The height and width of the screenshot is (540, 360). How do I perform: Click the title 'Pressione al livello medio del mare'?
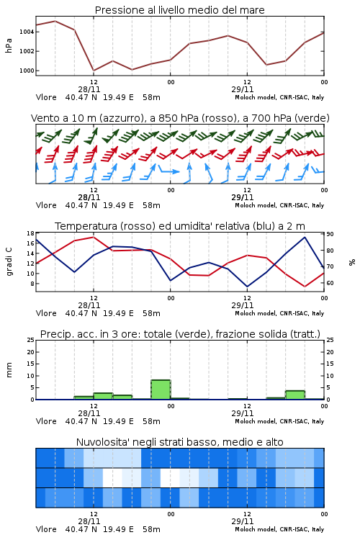click(x=179, y=10)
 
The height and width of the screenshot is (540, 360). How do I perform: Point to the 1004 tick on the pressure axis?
click(x=27, y=32)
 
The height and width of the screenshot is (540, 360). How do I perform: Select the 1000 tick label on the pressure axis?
click(x=27, y=71)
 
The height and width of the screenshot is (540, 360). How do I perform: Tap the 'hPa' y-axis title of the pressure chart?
click(x=9, y=45)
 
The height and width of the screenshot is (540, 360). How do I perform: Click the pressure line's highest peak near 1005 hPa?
click(x=55, y=21)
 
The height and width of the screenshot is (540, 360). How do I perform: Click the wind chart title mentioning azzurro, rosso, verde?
click(x=180, y=118)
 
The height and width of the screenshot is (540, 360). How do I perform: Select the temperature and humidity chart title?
click(x=180, y=226)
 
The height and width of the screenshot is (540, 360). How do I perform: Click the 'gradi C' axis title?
click(x=9, y=262)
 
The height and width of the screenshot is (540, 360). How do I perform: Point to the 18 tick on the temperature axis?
click(x=30, y=233)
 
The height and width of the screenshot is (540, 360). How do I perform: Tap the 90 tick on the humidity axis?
click(x=330, y=234)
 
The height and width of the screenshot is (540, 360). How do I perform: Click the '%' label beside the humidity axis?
click(x=352, y=262)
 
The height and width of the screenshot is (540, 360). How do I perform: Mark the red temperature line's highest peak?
click(x=94, y=237)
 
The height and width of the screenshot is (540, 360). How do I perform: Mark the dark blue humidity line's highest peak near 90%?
click(x=305, y=237)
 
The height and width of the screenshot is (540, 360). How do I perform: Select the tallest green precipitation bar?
click(x=161, y=390)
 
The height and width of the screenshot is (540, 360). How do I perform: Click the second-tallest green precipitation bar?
click(x=295, y=395)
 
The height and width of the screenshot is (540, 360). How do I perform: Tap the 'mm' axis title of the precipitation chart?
click(x=9, y=369)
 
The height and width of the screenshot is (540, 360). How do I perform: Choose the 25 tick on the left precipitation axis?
click(x=30, y=340)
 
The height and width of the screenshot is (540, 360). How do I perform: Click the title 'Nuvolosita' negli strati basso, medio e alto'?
click(x=179, y=442)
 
